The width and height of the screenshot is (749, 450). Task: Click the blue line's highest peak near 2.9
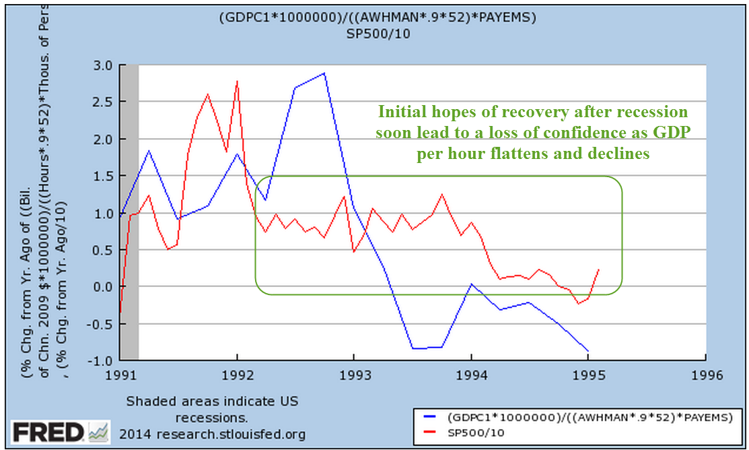(x=324, y=73)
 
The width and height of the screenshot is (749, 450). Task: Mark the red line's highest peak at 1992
(x=237, y=81)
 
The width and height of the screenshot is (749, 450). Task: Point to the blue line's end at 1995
(x=589, y=351)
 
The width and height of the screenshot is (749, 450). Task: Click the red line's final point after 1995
(x=599, y=269)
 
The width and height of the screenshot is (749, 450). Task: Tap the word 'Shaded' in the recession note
(x=145, y=401)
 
